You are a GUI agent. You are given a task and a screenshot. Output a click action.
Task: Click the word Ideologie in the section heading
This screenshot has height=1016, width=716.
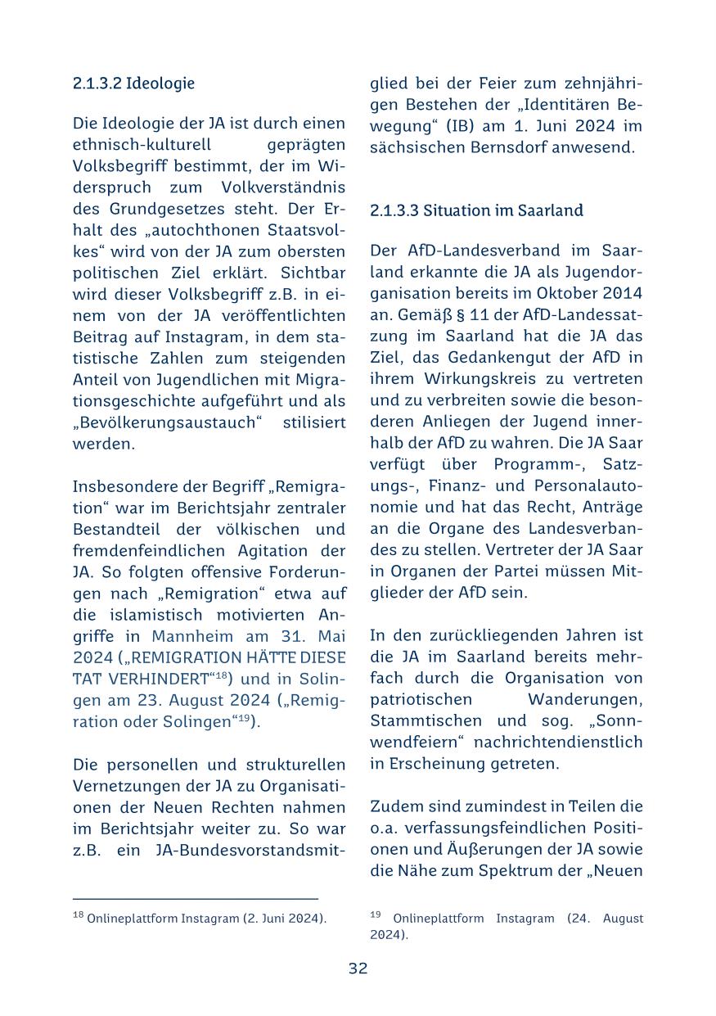pyautogui.click(x=167, y=83)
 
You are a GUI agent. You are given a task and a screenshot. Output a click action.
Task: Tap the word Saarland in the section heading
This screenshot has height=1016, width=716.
pyautogui.click(x=552, y=210)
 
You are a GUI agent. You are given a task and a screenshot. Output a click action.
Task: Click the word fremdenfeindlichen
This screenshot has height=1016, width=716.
pyautogui.click(x=144, y=551)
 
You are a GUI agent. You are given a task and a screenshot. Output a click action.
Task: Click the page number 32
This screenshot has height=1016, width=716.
pyautogui.click(x=358, y=969)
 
